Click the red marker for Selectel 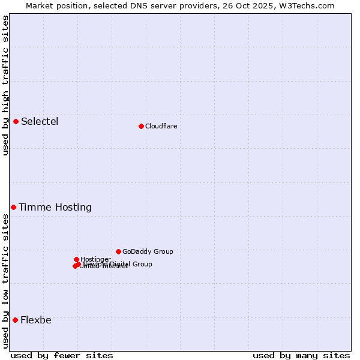[16, 122]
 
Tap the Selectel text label [40, 122]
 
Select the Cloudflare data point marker [141, 126]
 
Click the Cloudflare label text [161, 126]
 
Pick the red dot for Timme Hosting [13, 207]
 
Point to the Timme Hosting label [55, 208]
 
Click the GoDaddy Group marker [118, 251]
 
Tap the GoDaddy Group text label [148, 252]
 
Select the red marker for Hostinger [76, 259]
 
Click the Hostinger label [95, 259]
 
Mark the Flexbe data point [15, 320]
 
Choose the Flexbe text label [36, 320]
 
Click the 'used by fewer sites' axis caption [62, 355]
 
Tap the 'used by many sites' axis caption [301, 355]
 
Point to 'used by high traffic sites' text [5, 85]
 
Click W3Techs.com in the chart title [311, 5]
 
